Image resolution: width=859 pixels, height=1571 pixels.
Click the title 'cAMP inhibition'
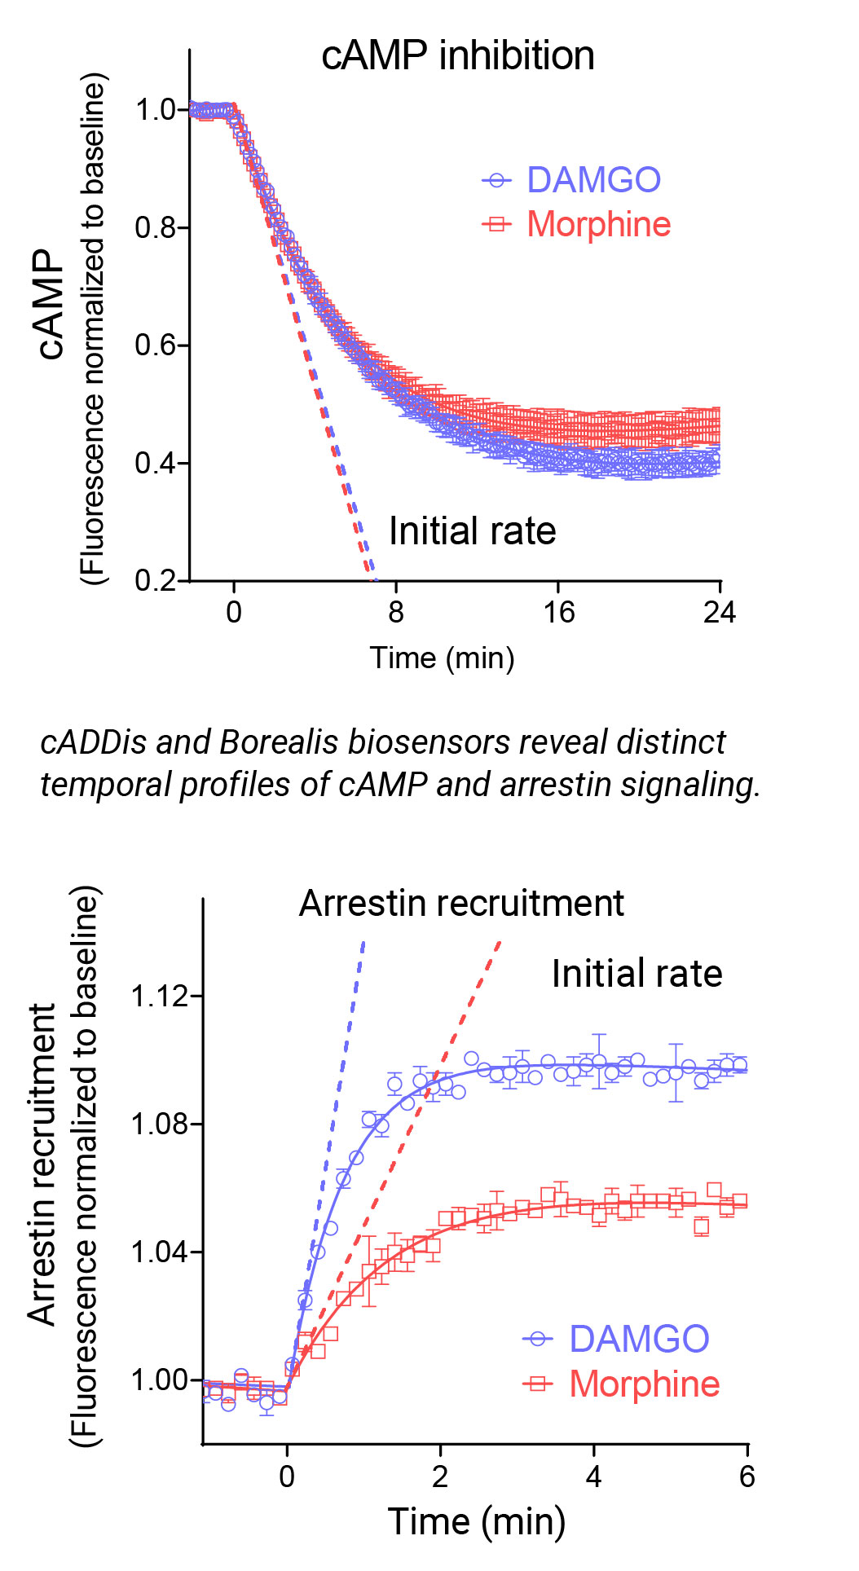click(x=457, y=56)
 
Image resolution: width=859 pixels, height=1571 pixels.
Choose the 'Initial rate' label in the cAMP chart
click(x=472, y=531)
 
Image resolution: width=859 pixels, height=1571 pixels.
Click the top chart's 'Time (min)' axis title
click(x=442, y=658)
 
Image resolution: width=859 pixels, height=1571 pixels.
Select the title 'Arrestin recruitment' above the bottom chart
click(x=461, y=904)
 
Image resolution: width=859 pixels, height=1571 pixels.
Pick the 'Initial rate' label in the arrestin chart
click(x=637, y=974)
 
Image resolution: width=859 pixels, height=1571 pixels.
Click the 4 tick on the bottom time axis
click(x=593, y=1476)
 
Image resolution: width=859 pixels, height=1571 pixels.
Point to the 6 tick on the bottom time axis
click(x=747, y=1476)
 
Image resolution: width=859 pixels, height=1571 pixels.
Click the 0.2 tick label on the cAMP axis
click(x=155, y=581)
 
